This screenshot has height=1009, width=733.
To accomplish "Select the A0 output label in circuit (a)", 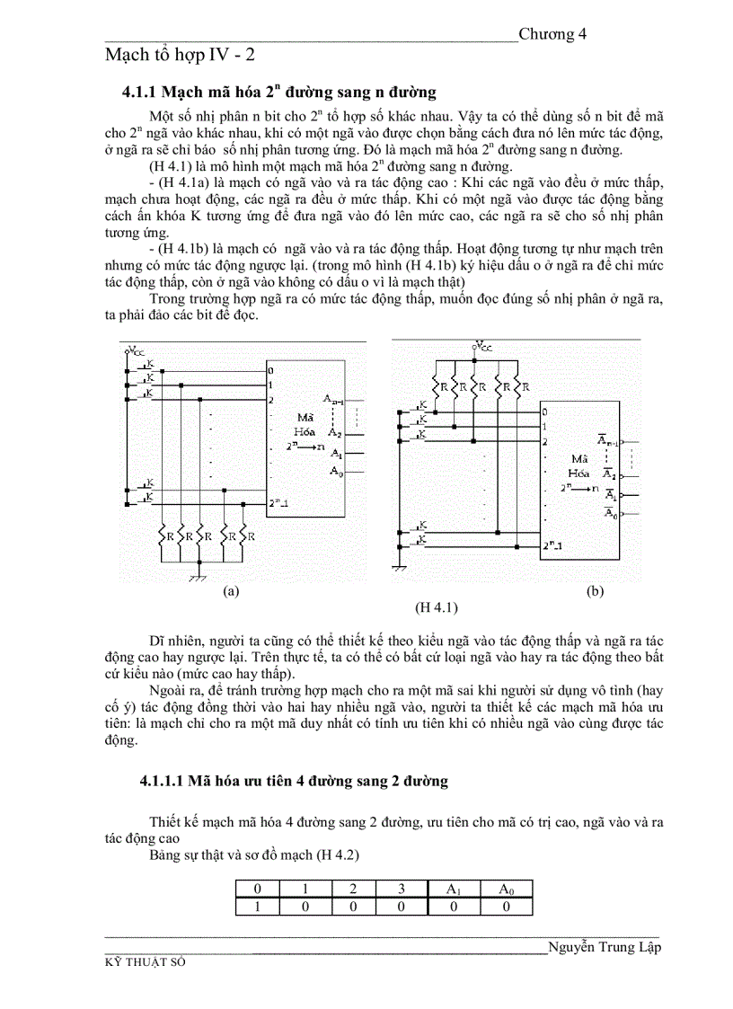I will click(x=336, y=471).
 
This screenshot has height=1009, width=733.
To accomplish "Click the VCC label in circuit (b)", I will click(x=482, y=344).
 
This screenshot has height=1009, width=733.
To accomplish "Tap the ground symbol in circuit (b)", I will click(x=402, y=567).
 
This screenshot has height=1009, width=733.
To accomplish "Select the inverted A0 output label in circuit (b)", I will click(x=610, y=513).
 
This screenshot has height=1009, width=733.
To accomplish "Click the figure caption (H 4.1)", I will click(x=437, y=607).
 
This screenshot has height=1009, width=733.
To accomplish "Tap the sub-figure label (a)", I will click(x=231, y=591).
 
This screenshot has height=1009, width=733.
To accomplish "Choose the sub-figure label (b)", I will click(x=595, y=591).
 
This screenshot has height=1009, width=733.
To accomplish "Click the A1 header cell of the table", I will click(x=454, y=889).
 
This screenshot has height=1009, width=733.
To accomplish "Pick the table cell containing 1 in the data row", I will click(x=258, y=907).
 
